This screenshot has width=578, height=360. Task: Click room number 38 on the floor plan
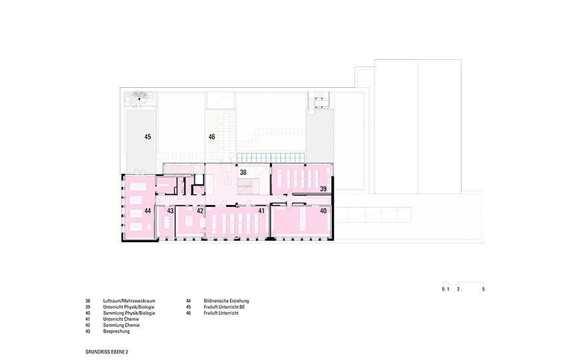point(243,172)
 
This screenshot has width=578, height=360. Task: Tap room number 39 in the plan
point(323,189)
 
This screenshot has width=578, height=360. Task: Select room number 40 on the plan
point(323,211)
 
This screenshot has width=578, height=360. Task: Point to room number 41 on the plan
point(261,211)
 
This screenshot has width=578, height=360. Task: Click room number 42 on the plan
point(200,211)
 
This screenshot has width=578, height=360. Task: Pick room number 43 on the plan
point(170,211)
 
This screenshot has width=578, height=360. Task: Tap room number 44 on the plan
point(148,211)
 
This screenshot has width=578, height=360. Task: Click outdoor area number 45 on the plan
point(148,137)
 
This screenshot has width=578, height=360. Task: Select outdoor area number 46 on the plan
point(212,137)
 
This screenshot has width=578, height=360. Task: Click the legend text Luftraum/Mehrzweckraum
point(129,301)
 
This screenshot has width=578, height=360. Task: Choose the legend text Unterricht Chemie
point(121,319)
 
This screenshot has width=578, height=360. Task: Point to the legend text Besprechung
point(116,331)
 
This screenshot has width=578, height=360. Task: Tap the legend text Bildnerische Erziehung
point(226,301)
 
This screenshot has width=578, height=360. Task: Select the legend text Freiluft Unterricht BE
point(225,307)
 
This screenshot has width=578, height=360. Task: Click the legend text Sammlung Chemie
point(121,325)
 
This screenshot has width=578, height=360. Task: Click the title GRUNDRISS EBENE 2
point(107,352)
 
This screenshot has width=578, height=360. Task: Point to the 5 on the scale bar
point(484,289)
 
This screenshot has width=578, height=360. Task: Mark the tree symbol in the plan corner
point(139,98)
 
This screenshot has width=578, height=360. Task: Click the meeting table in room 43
point(165,222)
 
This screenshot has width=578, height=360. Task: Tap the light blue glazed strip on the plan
point(271,158)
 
